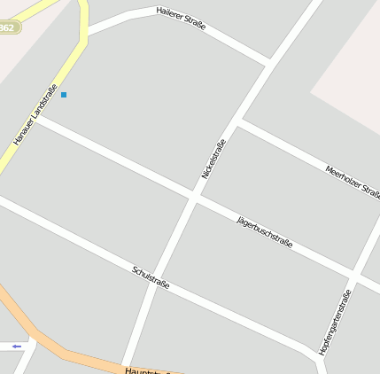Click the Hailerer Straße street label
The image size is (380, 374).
181,19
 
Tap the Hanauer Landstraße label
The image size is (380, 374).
35,115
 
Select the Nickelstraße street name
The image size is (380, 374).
213,159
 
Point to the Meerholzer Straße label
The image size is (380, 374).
353,181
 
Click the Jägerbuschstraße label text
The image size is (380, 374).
265,232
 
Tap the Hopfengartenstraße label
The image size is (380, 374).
335,317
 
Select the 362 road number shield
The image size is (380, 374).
7,27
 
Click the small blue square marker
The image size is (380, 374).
64,94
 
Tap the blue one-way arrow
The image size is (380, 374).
16,346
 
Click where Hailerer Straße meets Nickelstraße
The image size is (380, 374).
269,63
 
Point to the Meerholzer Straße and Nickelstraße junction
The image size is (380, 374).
238,121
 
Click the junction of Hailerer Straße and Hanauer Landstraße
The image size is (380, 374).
86,33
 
